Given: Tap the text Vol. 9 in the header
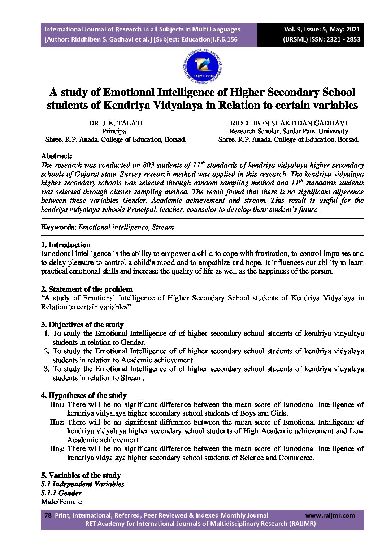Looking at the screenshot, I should pyautogui.click(x=293, y=29).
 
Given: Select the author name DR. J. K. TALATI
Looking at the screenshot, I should pyautogui.click(x=116, y=123).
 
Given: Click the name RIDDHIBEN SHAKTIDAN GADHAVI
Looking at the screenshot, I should pyautogui.click(x=289, y=123).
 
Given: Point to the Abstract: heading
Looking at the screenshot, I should pyautogui.click(x=57, y=156).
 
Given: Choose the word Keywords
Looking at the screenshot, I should pyautogui.click(x=58, y=227).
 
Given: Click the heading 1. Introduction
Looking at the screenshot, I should pyautogui.click(x=66, y=245).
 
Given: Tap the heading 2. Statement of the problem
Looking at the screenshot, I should pyautogui.click(x=87, y=289).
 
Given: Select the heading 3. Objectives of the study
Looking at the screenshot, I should pyautogui.click(x=82, y=325).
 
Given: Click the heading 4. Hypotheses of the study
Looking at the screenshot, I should pyautogui.click(x=84, y=395).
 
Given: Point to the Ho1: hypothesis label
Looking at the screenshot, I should pyautogui.click(x=57, y=405).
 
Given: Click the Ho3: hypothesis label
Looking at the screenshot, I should pyautogui.click(x=57, y=449).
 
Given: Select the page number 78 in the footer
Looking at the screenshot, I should pyautogui.click(x=48, y=515).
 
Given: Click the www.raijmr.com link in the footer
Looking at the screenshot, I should pyautogui.click(x=330, y=515).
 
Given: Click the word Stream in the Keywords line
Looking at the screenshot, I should pyautogui.click(x=163, y=227).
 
